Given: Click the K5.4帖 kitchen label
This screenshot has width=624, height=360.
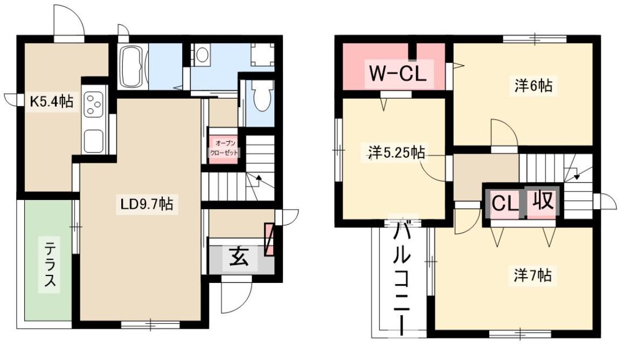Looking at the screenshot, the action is pyautogui.click(x=52, y=102).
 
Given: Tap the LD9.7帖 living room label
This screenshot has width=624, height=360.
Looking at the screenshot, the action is pyautogui.click(x=147, y=204).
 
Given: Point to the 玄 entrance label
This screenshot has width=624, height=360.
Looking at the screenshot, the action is pyautogui.click(x=239, y=257).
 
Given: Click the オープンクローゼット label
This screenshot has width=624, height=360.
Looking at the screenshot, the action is pyautogui.click(x=224, y=148).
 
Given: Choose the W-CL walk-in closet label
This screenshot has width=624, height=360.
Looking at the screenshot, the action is pyautogui.click(x=398, y=73).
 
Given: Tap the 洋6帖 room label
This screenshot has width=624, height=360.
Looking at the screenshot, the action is pyautogui.click(x=533, y=86).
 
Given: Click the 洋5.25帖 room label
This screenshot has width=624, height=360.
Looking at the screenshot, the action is pyautogui.click(x=396, y=153).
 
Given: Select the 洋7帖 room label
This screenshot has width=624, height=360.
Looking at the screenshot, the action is pyautogui.click(x=532, y=275).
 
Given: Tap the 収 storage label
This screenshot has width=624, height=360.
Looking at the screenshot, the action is pyautogui.click(x=543, y=200).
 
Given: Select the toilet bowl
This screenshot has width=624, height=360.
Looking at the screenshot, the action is pyautogui.click(x=262, y=96).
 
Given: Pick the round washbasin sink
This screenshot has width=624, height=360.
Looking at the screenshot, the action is pyautogui.click(x=202, y=54).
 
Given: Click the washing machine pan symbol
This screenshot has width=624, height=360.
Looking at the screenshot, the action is pyautogui.click(x=262, y=54).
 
